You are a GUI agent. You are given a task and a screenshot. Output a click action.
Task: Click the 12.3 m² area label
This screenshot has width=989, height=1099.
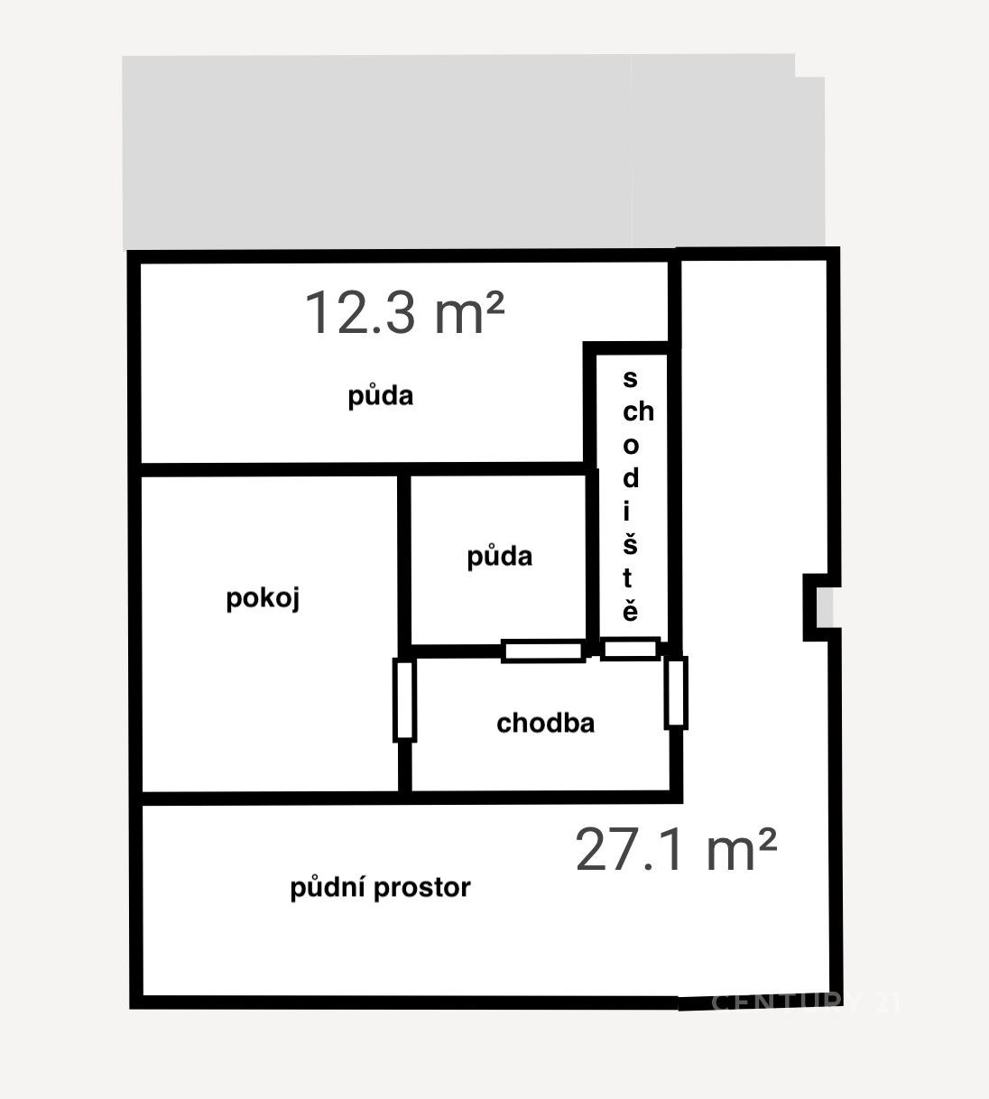[x=404, y=312]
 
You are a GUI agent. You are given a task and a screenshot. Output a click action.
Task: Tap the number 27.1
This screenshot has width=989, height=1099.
[x=630, y=849]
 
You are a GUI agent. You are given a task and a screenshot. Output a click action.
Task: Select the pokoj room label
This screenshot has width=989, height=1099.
[x=263, y=598]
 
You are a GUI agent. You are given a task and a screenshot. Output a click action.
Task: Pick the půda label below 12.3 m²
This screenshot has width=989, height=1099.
[x=380, y=396]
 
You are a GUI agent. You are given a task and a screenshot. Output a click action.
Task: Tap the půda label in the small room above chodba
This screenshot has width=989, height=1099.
[x=499, y=557]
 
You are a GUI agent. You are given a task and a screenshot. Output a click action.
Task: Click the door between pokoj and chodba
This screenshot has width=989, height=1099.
[x=404, y=700]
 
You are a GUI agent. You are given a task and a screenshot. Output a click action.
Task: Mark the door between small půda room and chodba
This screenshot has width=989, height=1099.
[x=543, y=651]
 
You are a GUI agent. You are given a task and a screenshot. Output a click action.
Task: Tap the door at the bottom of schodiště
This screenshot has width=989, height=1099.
[x=630, y=650]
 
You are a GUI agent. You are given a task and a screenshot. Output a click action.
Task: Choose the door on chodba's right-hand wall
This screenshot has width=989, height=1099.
[x=676, y=693]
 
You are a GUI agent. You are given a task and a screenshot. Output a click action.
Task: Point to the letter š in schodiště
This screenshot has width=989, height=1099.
[x=630, y=544]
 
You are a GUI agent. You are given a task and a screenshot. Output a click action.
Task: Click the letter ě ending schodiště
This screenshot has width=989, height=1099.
[x=630, y=610]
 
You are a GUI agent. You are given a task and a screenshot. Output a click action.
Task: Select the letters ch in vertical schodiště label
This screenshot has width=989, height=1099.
[x=638, y=411]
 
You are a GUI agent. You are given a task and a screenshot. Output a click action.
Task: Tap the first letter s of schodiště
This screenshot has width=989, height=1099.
[x=630, y=379]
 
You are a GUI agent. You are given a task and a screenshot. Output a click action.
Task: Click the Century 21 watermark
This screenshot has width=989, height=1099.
[x=806, y=1002]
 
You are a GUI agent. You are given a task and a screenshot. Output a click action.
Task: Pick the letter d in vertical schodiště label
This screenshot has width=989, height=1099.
[x=631, y=477]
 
